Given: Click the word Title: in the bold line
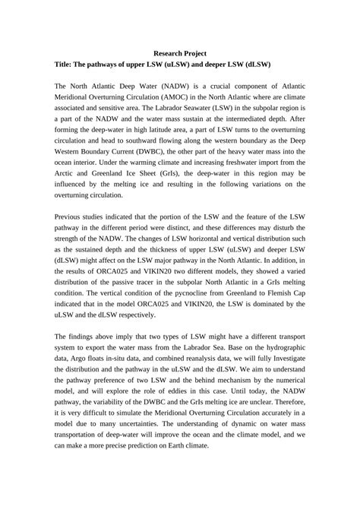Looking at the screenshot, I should click(68, 66).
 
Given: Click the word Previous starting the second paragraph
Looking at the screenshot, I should click(74, 220).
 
